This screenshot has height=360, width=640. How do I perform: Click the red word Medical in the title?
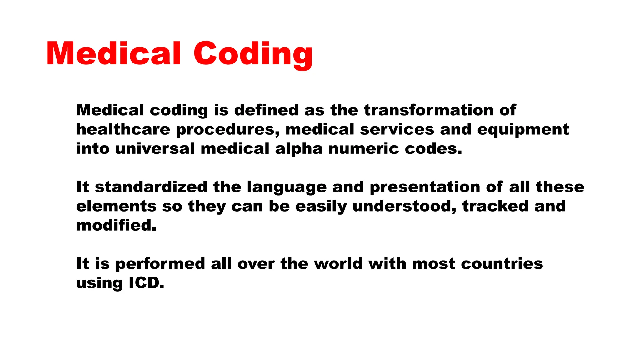[x=114, y=54]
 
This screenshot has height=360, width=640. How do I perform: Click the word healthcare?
[x=123, y=130]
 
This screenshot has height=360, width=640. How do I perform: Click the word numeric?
[x=364, y=149]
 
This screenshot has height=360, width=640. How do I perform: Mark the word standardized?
[x=151, y=187]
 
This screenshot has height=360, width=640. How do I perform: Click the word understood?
[x=404, y=207]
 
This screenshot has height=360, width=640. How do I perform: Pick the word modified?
[x=116, y=225]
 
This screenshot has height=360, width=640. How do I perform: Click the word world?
[x=338, y=264]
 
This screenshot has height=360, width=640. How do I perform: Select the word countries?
[x=502, y=264]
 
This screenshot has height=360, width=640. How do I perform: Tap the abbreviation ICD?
[x=146, y=283]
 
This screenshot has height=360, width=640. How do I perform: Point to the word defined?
[x=266, y=110]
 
